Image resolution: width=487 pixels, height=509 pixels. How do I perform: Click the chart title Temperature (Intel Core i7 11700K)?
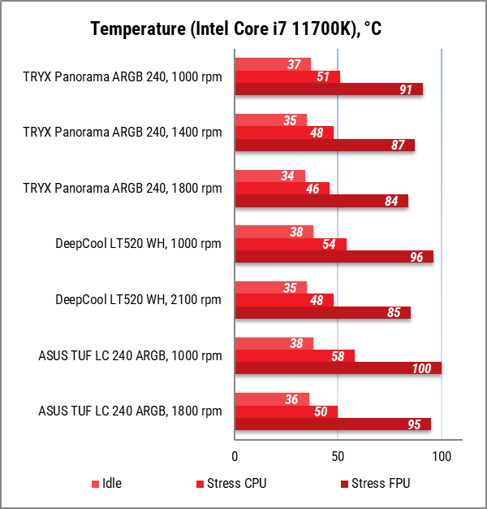coord(236,30)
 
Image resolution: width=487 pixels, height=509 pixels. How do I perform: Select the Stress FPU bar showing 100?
coord(338,368)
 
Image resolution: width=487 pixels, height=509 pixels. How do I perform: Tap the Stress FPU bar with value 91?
coord(329,89)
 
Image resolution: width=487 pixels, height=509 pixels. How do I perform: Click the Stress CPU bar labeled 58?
coord(295,355)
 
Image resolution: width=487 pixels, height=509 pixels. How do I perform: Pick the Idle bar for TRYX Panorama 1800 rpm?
coord(269,176)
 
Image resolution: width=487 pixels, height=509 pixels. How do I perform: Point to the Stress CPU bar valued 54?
coord(291,244)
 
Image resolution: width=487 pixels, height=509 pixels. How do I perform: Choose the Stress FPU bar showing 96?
coord(334,257)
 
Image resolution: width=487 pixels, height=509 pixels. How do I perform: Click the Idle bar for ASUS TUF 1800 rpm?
coord(272,399)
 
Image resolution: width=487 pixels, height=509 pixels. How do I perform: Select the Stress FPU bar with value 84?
coord(321,201)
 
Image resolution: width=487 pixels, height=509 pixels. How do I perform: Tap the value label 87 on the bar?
coord(398,146)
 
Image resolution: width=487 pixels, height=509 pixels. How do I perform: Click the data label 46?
coord(312,189)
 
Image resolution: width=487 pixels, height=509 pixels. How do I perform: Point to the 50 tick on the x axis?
coord(338,456)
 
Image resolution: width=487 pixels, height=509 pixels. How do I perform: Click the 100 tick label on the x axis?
coord(441,456)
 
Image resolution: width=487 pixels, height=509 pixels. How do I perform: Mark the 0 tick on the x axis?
coord(235,456)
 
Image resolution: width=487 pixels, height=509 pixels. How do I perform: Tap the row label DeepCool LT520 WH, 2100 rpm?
coord(138,300)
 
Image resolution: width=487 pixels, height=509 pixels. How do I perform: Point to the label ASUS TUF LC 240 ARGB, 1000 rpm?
coord(130,355)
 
